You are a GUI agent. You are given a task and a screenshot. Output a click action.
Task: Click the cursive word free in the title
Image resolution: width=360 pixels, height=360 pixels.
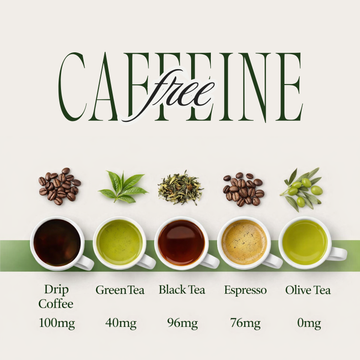tap(181, 93)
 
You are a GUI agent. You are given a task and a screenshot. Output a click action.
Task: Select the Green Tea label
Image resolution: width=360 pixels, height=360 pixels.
tap(119, 291)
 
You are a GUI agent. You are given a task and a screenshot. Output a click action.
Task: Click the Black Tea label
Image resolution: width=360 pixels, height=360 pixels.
tap(181, 291)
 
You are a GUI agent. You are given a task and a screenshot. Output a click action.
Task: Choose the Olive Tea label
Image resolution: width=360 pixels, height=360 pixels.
tap(305, 291)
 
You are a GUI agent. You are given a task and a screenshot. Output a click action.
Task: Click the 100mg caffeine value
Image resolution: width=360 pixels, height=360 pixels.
tap(56, 323)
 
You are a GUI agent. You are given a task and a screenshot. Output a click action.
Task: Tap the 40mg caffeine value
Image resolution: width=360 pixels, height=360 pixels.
tap(119, 323)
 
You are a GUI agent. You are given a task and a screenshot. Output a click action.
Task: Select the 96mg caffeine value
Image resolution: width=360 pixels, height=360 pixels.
tap(181, 323)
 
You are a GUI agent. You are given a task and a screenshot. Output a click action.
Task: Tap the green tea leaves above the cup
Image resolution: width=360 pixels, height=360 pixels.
tap(123, 186)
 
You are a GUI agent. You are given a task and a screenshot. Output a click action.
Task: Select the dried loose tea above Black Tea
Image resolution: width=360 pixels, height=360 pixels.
tap(182, 186)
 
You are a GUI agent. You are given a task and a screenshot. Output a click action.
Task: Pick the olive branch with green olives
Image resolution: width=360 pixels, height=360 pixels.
tap(303, 185)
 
